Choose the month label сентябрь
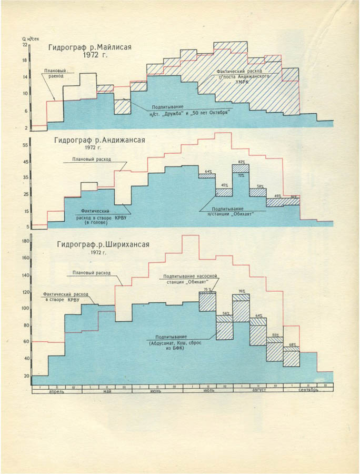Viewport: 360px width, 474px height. [308, 392]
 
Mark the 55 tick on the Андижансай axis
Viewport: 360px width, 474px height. [25, 144]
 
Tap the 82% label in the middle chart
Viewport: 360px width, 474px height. [242, 162]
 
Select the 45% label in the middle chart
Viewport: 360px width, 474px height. [225, 185]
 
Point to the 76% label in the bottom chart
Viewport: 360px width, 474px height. [242, 291]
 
